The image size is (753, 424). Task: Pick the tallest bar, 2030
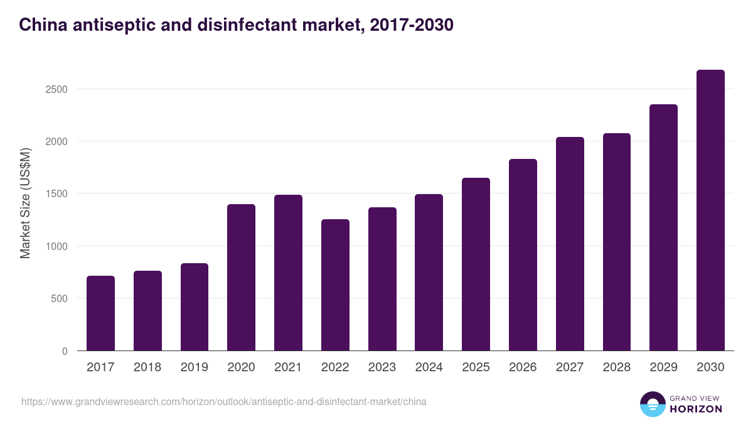tap(710, 210)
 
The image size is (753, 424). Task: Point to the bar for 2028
tap(616, 242)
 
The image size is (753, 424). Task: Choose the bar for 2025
tap(476, 264)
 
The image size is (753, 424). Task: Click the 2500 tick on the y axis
tap(56, 89)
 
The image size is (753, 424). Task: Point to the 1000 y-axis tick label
tap(56, 246)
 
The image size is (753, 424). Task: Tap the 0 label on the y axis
tap(65, 351)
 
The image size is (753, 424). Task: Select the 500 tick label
tap(59, 298)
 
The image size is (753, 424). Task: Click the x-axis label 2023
tap(382, 367)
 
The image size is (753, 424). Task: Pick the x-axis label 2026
tap(523, 367)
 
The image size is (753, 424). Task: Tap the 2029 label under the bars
tap(663, 367)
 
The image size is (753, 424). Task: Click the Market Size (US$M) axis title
tap(25, 202)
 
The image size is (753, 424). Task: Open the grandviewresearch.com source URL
tap(224, 401)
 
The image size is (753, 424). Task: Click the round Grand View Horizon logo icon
tap(653, 405)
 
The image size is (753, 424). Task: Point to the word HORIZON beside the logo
tap(696, 409)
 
